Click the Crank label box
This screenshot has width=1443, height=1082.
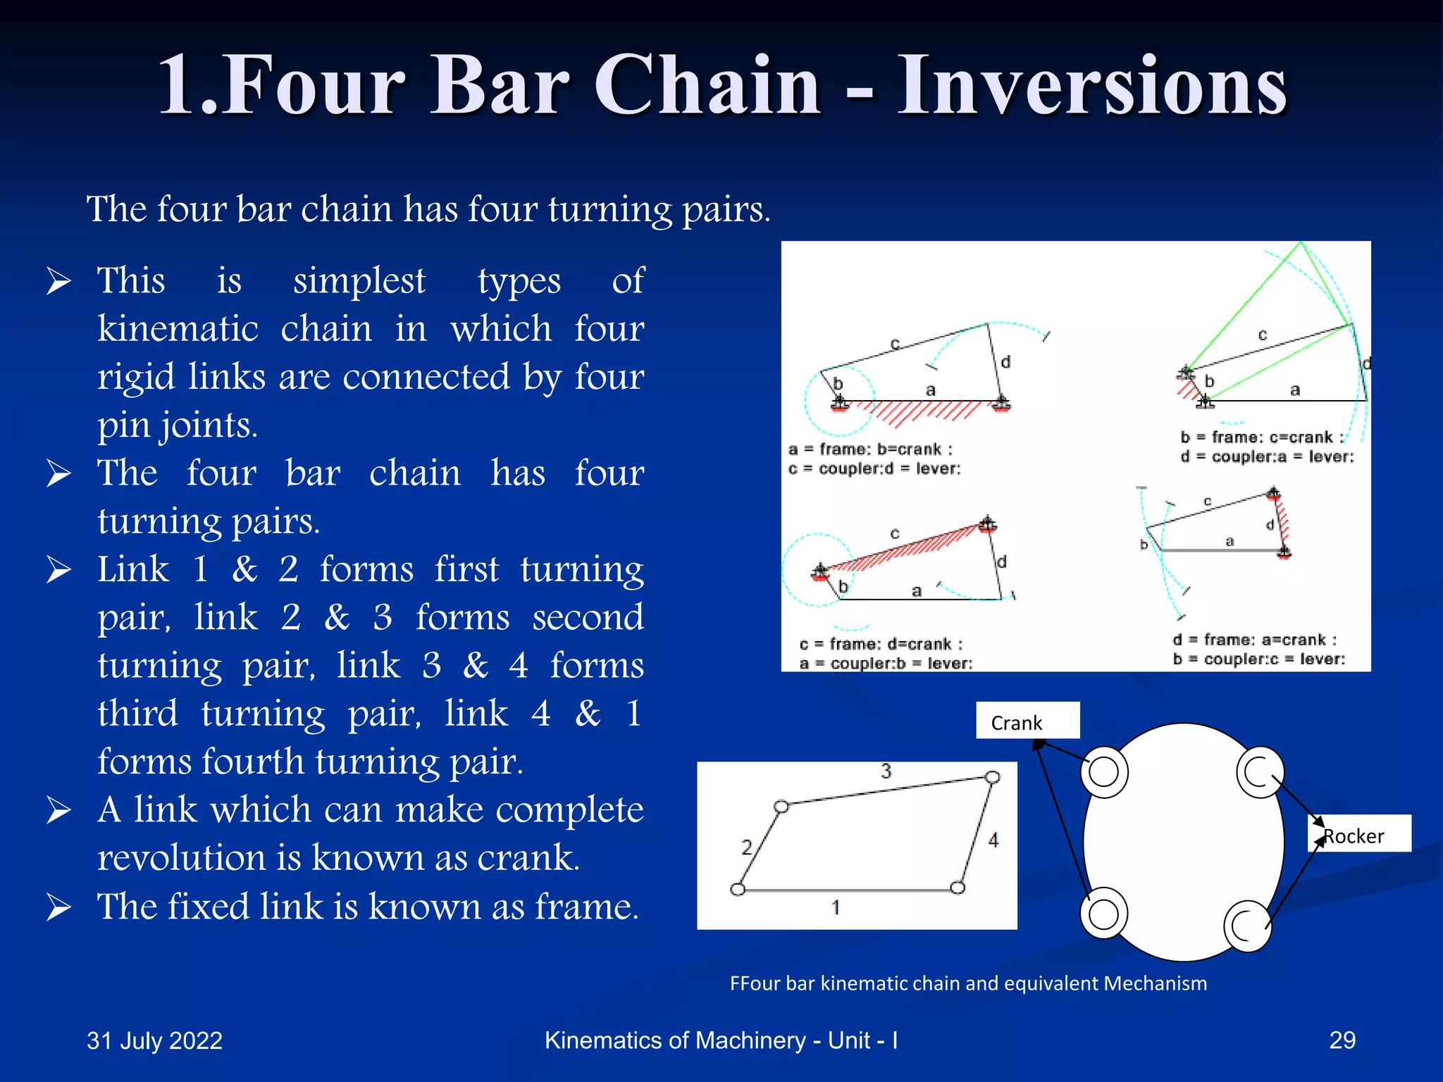[1027, 721]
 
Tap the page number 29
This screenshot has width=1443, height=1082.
[1342, 1040]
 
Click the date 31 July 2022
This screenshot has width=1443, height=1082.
[154, 1040]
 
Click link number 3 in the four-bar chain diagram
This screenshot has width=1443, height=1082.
[886, 771]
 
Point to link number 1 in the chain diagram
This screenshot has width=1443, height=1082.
[836, 907]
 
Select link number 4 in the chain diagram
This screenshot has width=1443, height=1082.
[993, 840]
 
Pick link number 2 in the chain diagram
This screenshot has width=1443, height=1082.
[747, 847]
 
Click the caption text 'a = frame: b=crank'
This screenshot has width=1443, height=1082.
[871, 449]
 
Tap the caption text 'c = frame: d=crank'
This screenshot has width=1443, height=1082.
[881, 644]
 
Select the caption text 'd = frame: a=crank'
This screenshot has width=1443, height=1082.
[1254, 640]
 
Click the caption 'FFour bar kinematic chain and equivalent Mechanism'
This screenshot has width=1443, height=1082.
[968, 983]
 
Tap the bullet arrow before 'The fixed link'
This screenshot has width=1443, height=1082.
[58, 907]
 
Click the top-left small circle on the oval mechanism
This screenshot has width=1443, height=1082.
[1103, 772]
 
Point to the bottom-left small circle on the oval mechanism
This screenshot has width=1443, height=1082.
[1103, 914]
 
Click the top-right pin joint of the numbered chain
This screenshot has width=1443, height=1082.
[992, 778]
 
